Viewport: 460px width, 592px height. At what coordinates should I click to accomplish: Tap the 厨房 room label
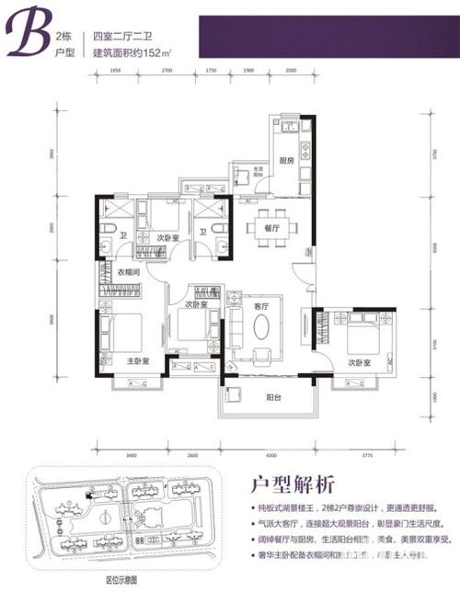coord(286,160)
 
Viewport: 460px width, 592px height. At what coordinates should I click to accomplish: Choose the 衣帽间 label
coord(128,271)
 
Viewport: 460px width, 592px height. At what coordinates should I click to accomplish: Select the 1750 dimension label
coord(210,69)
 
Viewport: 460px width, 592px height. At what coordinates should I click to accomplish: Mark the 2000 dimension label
coord(291,69)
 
